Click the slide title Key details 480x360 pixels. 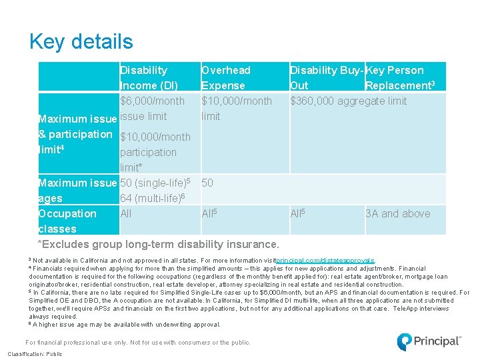tap(81, 42)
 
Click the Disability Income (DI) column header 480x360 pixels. tap(149, 77)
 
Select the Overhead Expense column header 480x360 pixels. tap(226, 77)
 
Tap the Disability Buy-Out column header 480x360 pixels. tap(327, 77)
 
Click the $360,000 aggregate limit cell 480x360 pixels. tap(348, 101)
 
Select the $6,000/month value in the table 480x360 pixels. tap(152, 101)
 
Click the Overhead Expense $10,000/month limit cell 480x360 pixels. tap(236, 108)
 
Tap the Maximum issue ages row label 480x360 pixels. tap(77, 190)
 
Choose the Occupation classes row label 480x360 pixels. tap(67, 221)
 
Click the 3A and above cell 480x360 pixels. tap(397, 213)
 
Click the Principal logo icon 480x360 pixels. tap(404, 341)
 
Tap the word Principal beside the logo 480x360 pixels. tap(437, 341)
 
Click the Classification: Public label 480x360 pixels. tap(35, 354)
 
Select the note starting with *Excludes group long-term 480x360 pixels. tap(159, 244)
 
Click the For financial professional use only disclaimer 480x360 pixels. tap(138, 343)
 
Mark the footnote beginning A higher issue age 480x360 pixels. tap(124, 325)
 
